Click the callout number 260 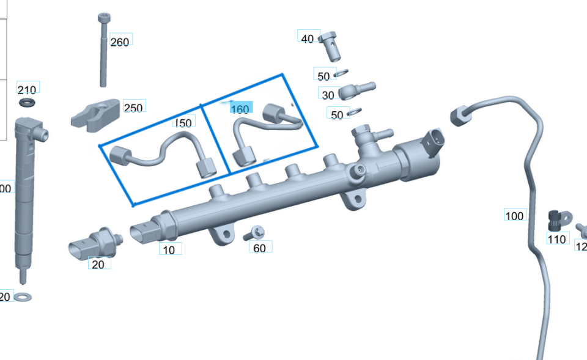click(x=120, y=42)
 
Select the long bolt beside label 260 click(x=103, y=52)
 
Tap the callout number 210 click(x=28, y=90)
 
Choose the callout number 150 click(x=183, y=123)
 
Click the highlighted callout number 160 click(x=240, y=109)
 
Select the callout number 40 click(x=308, y=39)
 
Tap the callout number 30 click(x=328, y=95)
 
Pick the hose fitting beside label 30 click(x=356, y=90)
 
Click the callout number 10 click(x=169, y=249)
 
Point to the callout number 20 click(x=98, y=265)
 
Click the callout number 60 click(x=259, y=248)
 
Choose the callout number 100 click(x=514, y=216)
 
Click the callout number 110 click(x=556, y=239)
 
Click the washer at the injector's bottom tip click(x=23, y=298)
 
